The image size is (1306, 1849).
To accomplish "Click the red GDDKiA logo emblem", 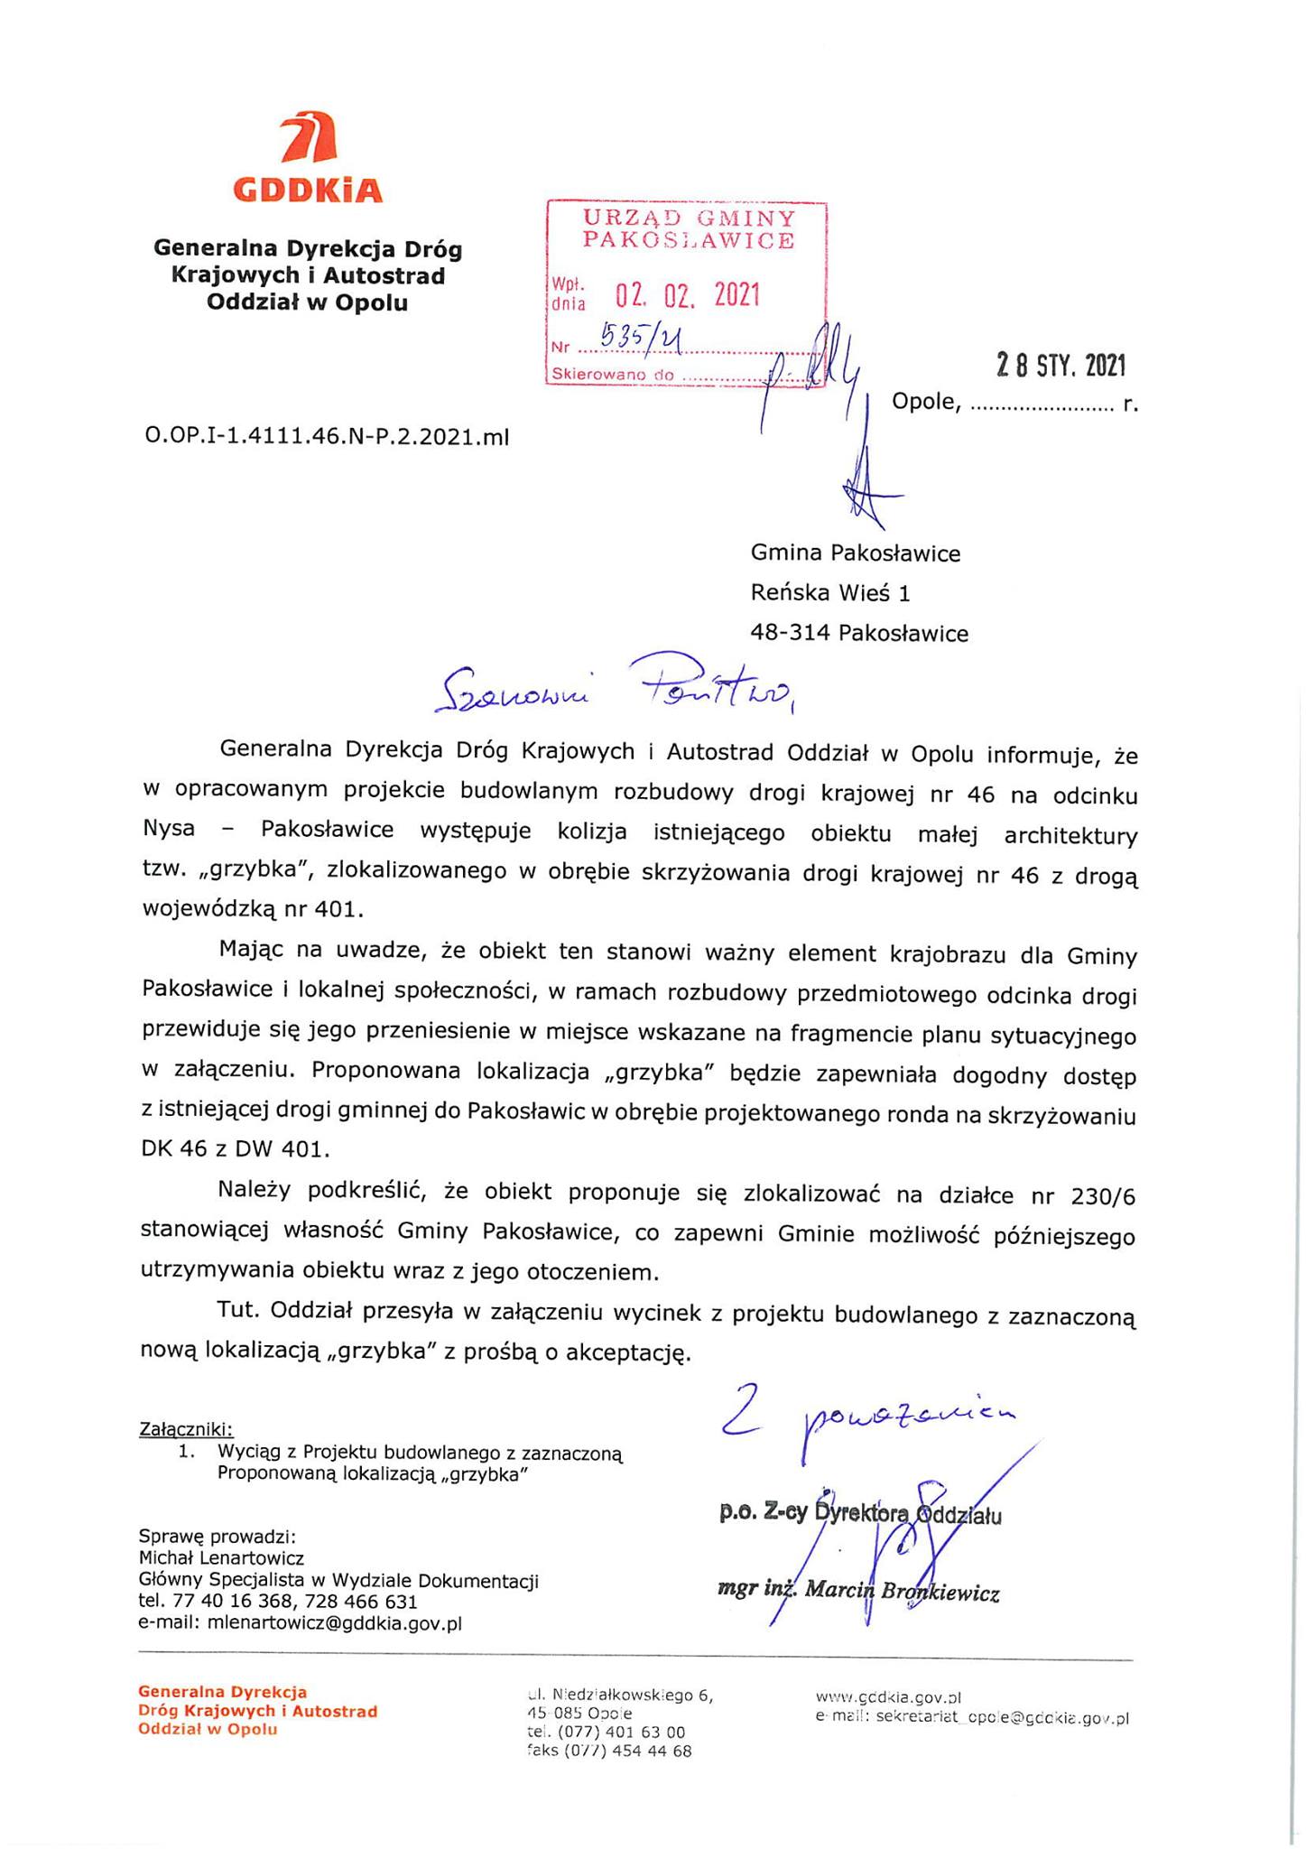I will [308, 142].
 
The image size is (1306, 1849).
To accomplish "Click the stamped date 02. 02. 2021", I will [688, 295].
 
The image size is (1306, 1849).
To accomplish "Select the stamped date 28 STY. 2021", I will [1061, 366].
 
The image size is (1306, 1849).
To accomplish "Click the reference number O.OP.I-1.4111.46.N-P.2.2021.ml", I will [327, 437].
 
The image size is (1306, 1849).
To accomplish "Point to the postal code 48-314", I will [792, 634].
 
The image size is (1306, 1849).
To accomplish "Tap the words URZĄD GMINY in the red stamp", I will [689, 218].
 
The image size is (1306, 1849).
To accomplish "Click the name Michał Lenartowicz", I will [221, 1557].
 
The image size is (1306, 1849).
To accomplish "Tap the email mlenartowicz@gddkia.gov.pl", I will [335, 1622].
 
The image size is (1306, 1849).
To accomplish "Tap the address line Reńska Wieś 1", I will [830, 593].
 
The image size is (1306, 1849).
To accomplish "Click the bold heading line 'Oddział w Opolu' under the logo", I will [307, 302].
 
